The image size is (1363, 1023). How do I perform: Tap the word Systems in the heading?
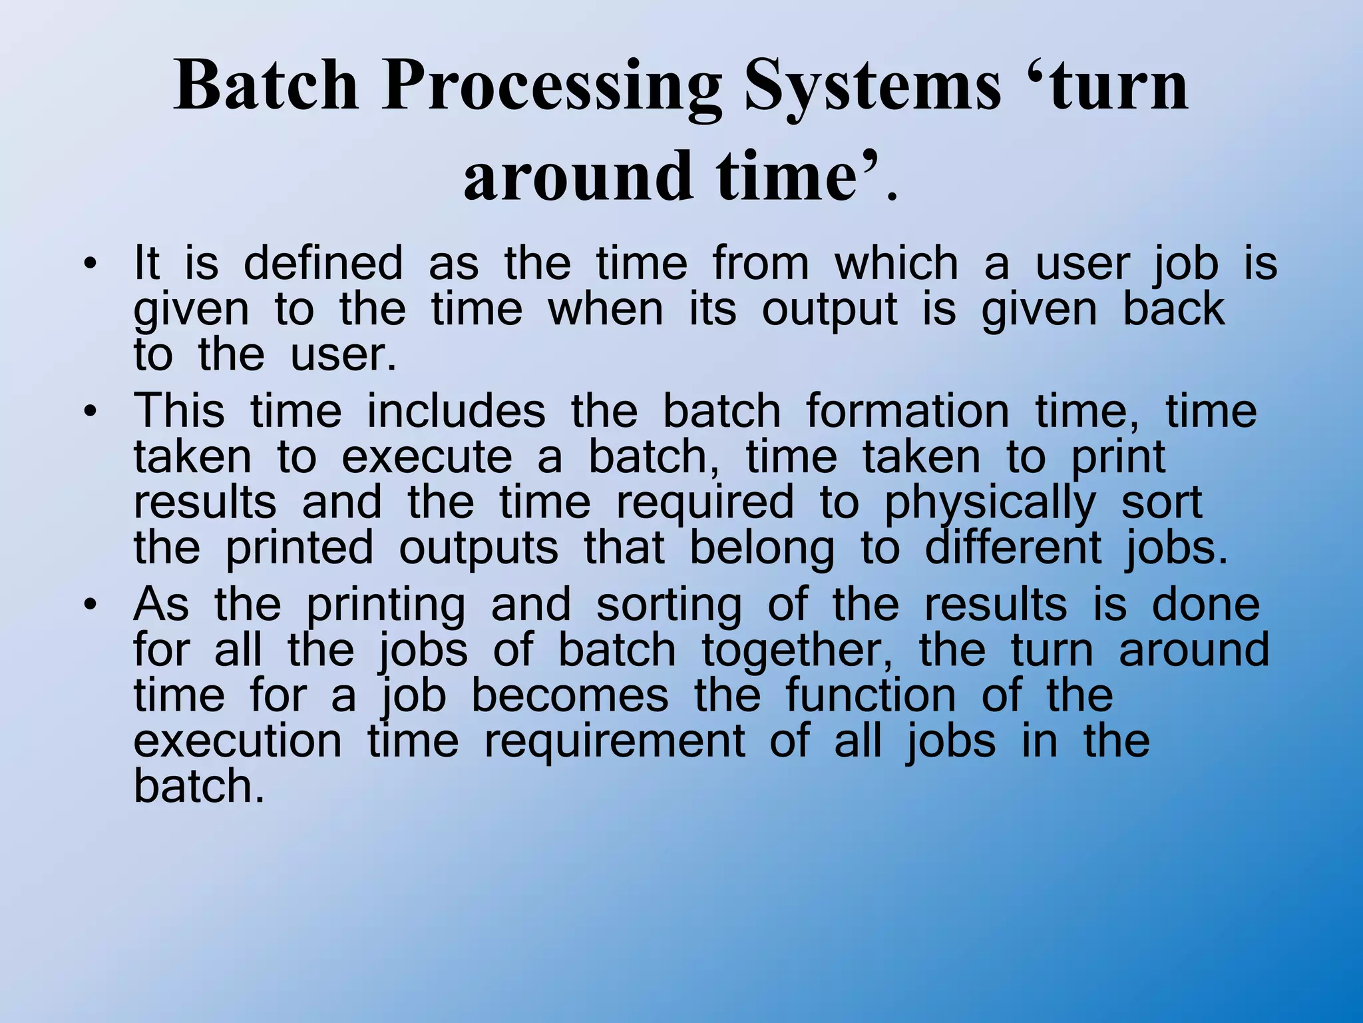[x=873, y=87]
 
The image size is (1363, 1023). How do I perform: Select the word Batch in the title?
[x=266, y=87]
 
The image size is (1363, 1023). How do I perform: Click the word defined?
[x=323, y=264]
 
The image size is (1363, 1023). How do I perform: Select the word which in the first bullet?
[x=896, y=264]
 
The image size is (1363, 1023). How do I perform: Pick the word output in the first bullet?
[x=830, y=311]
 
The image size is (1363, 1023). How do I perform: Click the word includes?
[x=456, y=412]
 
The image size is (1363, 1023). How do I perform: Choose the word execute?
[x=427, y=458]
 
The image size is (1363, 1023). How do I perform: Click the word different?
[x=1014, y=549]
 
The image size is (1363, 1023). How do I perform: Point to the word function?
[x=871, y=696]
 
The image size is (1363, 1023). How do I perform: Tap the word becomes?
[x=570, y=696]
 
